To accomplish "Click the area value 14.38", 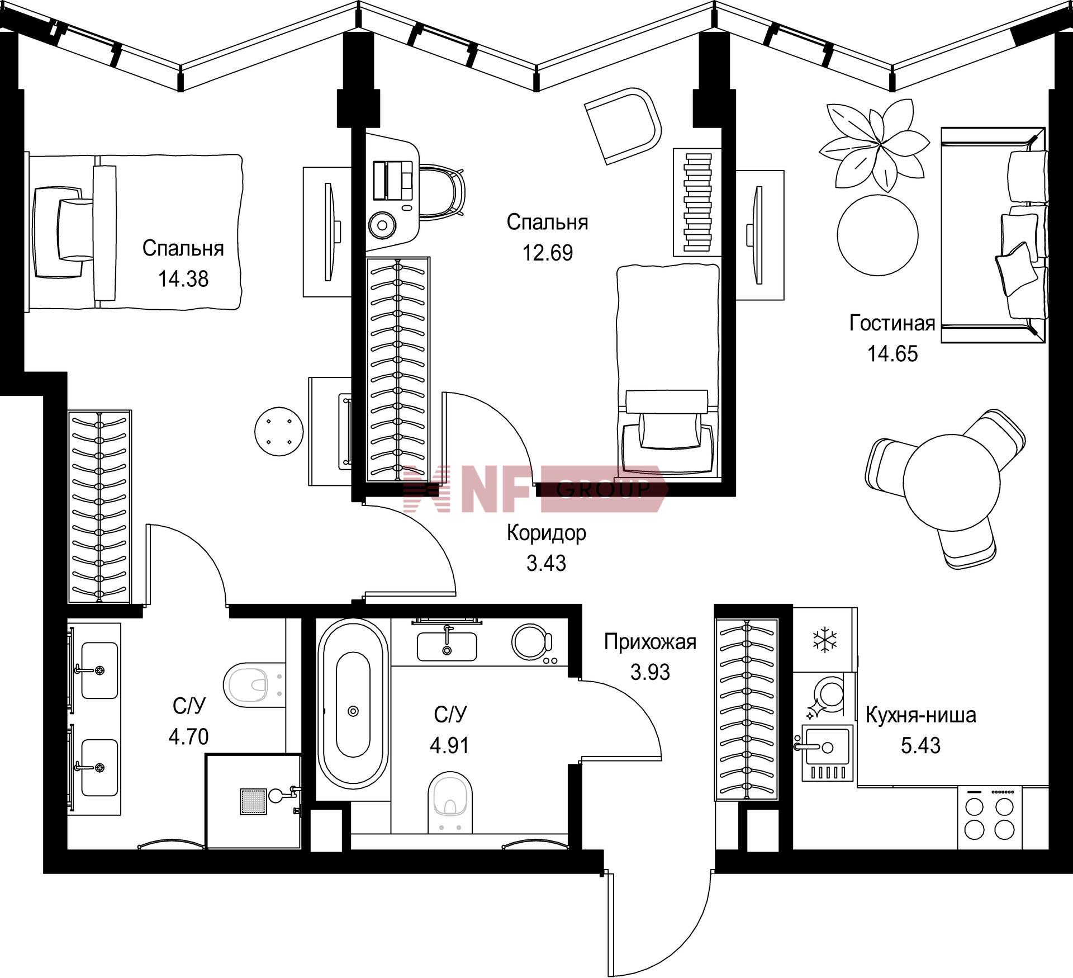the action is click(x=183, y=278).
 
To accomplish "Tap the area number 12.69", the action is click(x=548, y=253).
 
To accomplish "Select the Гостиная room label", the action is click(x=892, y=323).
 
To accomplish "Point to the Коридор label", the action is click(x=547, y=533).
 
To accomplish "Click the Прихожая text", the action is click(x=650, y=642).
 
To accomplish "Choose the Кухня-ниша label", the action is click(x=920, y=715).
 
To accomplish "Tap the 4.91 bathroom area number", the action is click(x=449, y=745).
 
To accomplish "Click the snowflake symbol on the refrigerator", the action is click(x=824, y=640).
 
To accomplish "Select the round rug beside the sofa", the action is click(x=877, y=235).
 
